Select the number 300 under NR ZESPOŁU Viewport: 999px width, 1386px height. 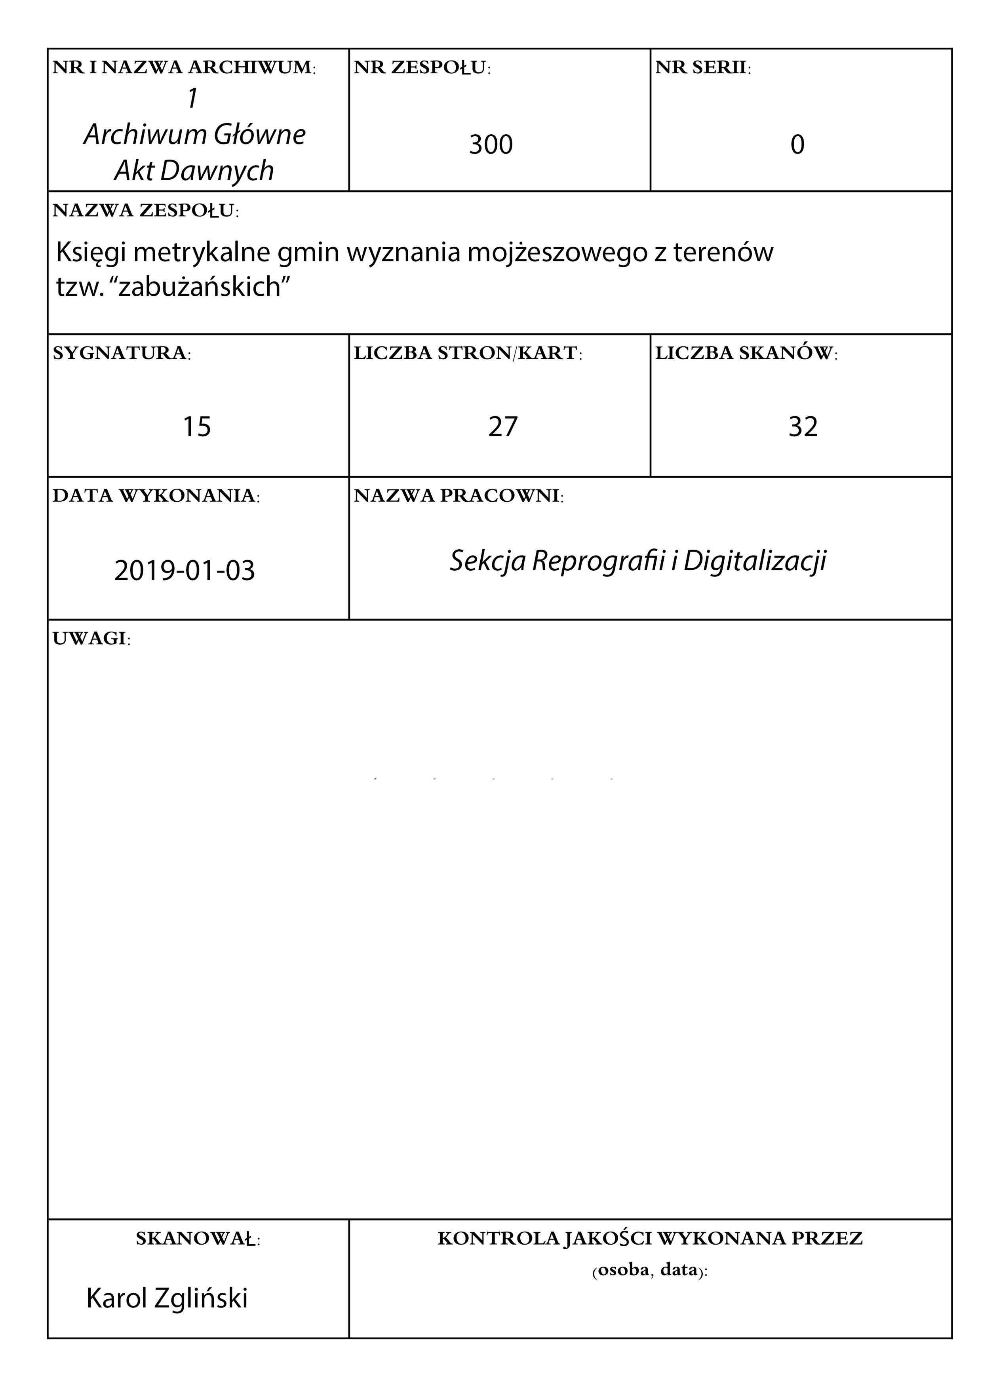coord(491,145)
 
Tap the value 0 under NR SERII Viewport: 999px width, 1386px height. coord(797,145)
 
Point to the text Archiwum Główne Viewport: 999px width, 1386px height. coord(194,135)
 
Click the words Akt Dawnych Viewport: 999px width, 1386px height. coord(194,171)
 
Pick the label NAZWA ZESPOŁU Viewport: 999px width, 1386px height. coord(145,210)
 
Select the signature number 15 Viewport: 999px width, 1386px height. coord(197,426)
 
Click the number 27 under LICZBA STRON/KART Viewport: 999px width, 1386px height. coord(503,426)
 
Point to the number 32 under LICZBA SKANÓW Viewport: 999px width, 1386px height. coord(803,426)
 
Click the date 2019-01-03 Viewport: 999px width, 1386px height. coord(185,570)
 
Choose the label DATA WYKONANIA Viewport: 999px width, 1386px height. coord(156,496)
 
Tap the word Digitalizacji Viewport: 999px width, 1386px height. coord(755,560)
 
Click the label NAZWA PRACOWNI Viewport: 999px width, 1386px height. coord(458,496)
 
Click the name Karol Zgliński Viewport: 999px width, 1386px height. coord(167,1298)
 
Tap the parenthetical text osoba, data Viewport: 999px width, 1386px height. coord(649,1270)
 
